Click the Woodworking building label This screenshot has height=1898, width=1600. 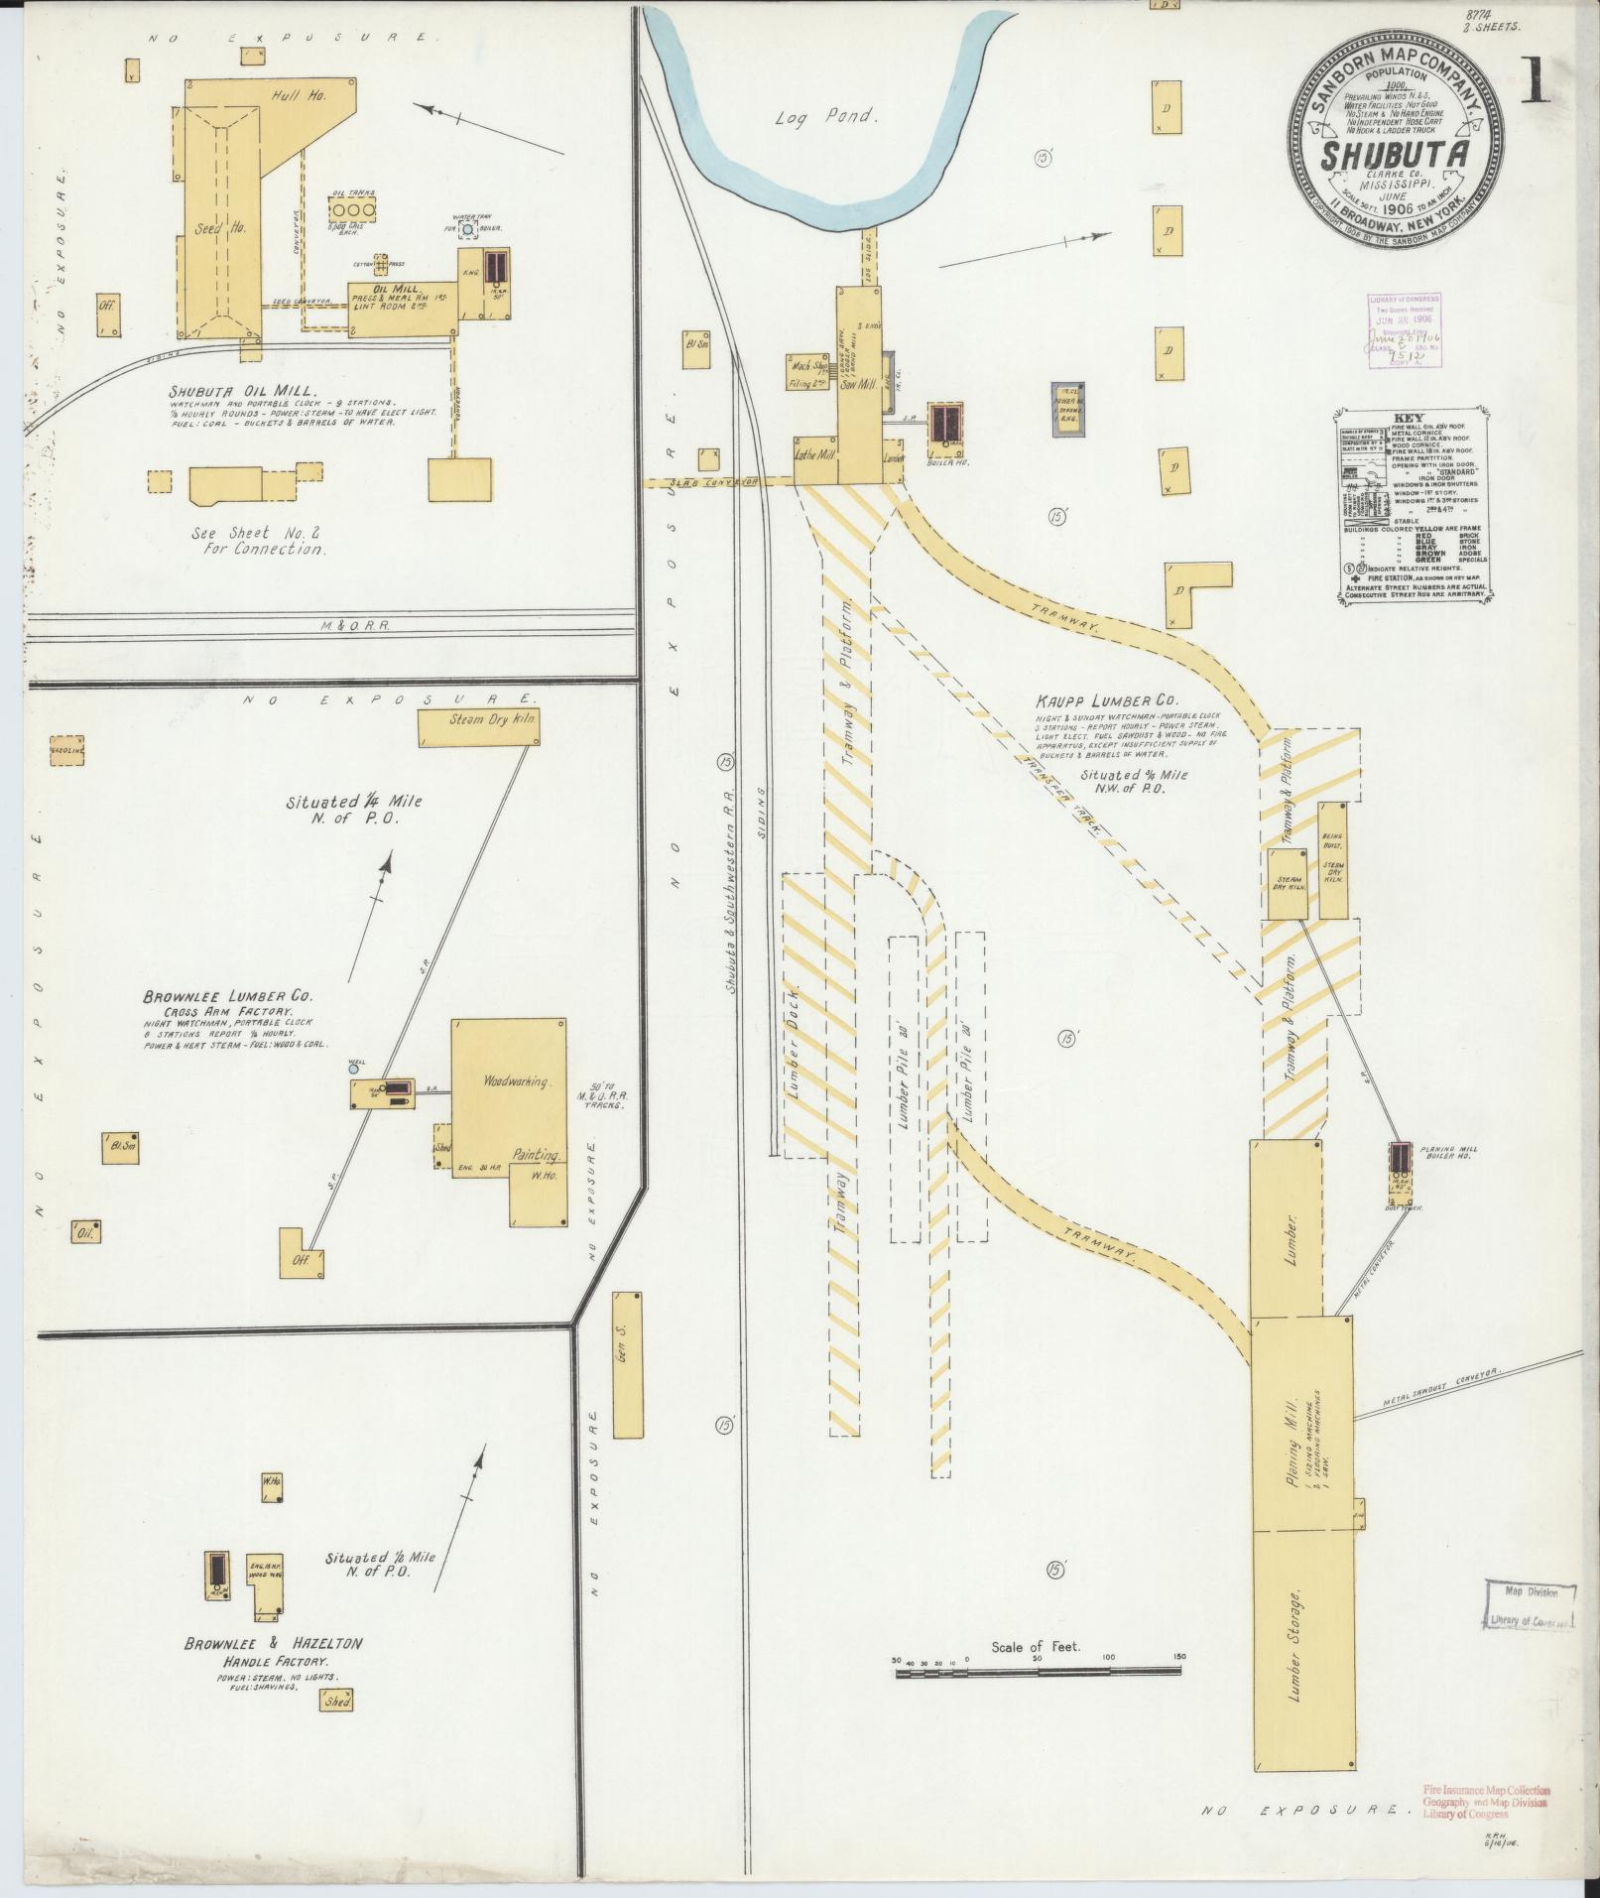[514, 1081]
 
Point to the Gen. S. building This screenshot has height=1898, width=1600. [627, 1363]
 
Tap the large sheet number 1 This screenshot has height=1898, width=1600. [1537, 84]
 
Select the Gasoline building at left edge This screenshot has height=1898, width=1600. [66, 751]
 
